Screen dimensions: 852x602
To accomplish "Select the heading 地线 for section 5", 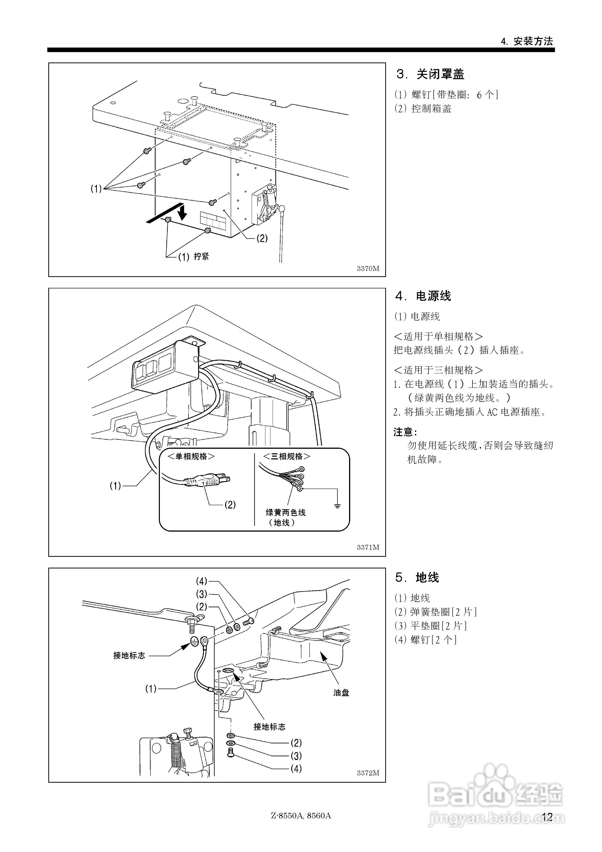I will [427, 577].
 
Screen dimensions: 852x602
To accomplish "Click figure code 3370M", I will [368, 269].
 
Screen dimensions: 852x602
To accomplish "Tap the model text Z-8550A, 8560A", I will [301, 816].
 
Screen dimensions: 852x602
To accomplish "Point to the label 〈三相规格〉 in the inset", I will [287, 456].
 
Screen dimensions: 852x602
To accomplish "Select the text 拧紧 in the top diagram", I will [201, 257].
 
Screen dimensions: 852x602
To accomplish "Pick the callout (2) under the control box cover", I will [262, 238].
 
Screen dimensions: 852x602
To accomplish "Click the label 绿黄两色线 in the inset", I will [285, 513].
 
